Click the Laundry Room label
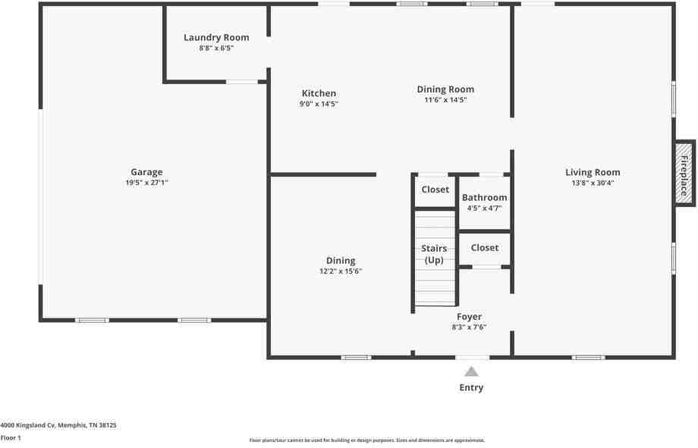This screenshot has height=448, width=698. (216, 37)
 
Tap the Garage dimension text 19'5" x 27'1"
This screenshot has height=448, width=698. (146, 183)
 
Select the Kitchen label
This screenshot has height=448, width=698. (319, 93)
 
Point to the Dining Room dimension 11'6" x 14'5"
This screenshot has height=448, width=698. (445, 99)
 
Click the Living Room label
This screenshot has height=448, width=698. (593, 172)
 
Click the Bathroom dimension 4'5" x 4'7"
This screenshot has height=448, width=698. (484, 208)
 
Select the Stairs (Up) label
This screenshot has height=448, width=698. (434, 255)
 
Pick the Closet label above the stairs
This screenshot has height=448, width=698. (435, 190)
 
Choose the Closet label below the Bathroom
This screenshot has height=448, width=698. (485, 247)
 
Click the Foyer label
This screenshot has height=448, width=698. (469, 317)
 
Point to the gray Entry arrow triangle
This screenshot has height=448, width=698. (471, 371)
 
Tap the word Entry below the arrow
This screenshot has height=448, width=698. (471, 387)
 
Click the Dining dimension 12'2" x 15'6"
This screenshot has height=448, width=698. (341, 271)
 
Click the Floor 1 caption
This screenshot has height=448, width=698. (11, 437)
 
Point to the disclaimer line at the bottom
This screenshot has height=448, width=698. (367, 440)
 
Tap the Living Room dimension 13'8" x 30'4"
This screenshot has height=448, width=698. (593, 183)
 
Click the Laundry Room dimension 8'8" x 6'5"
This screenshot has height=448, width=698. (216, 48)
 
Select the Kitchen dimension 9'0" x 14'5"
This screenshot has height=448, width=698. (319, 104)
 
